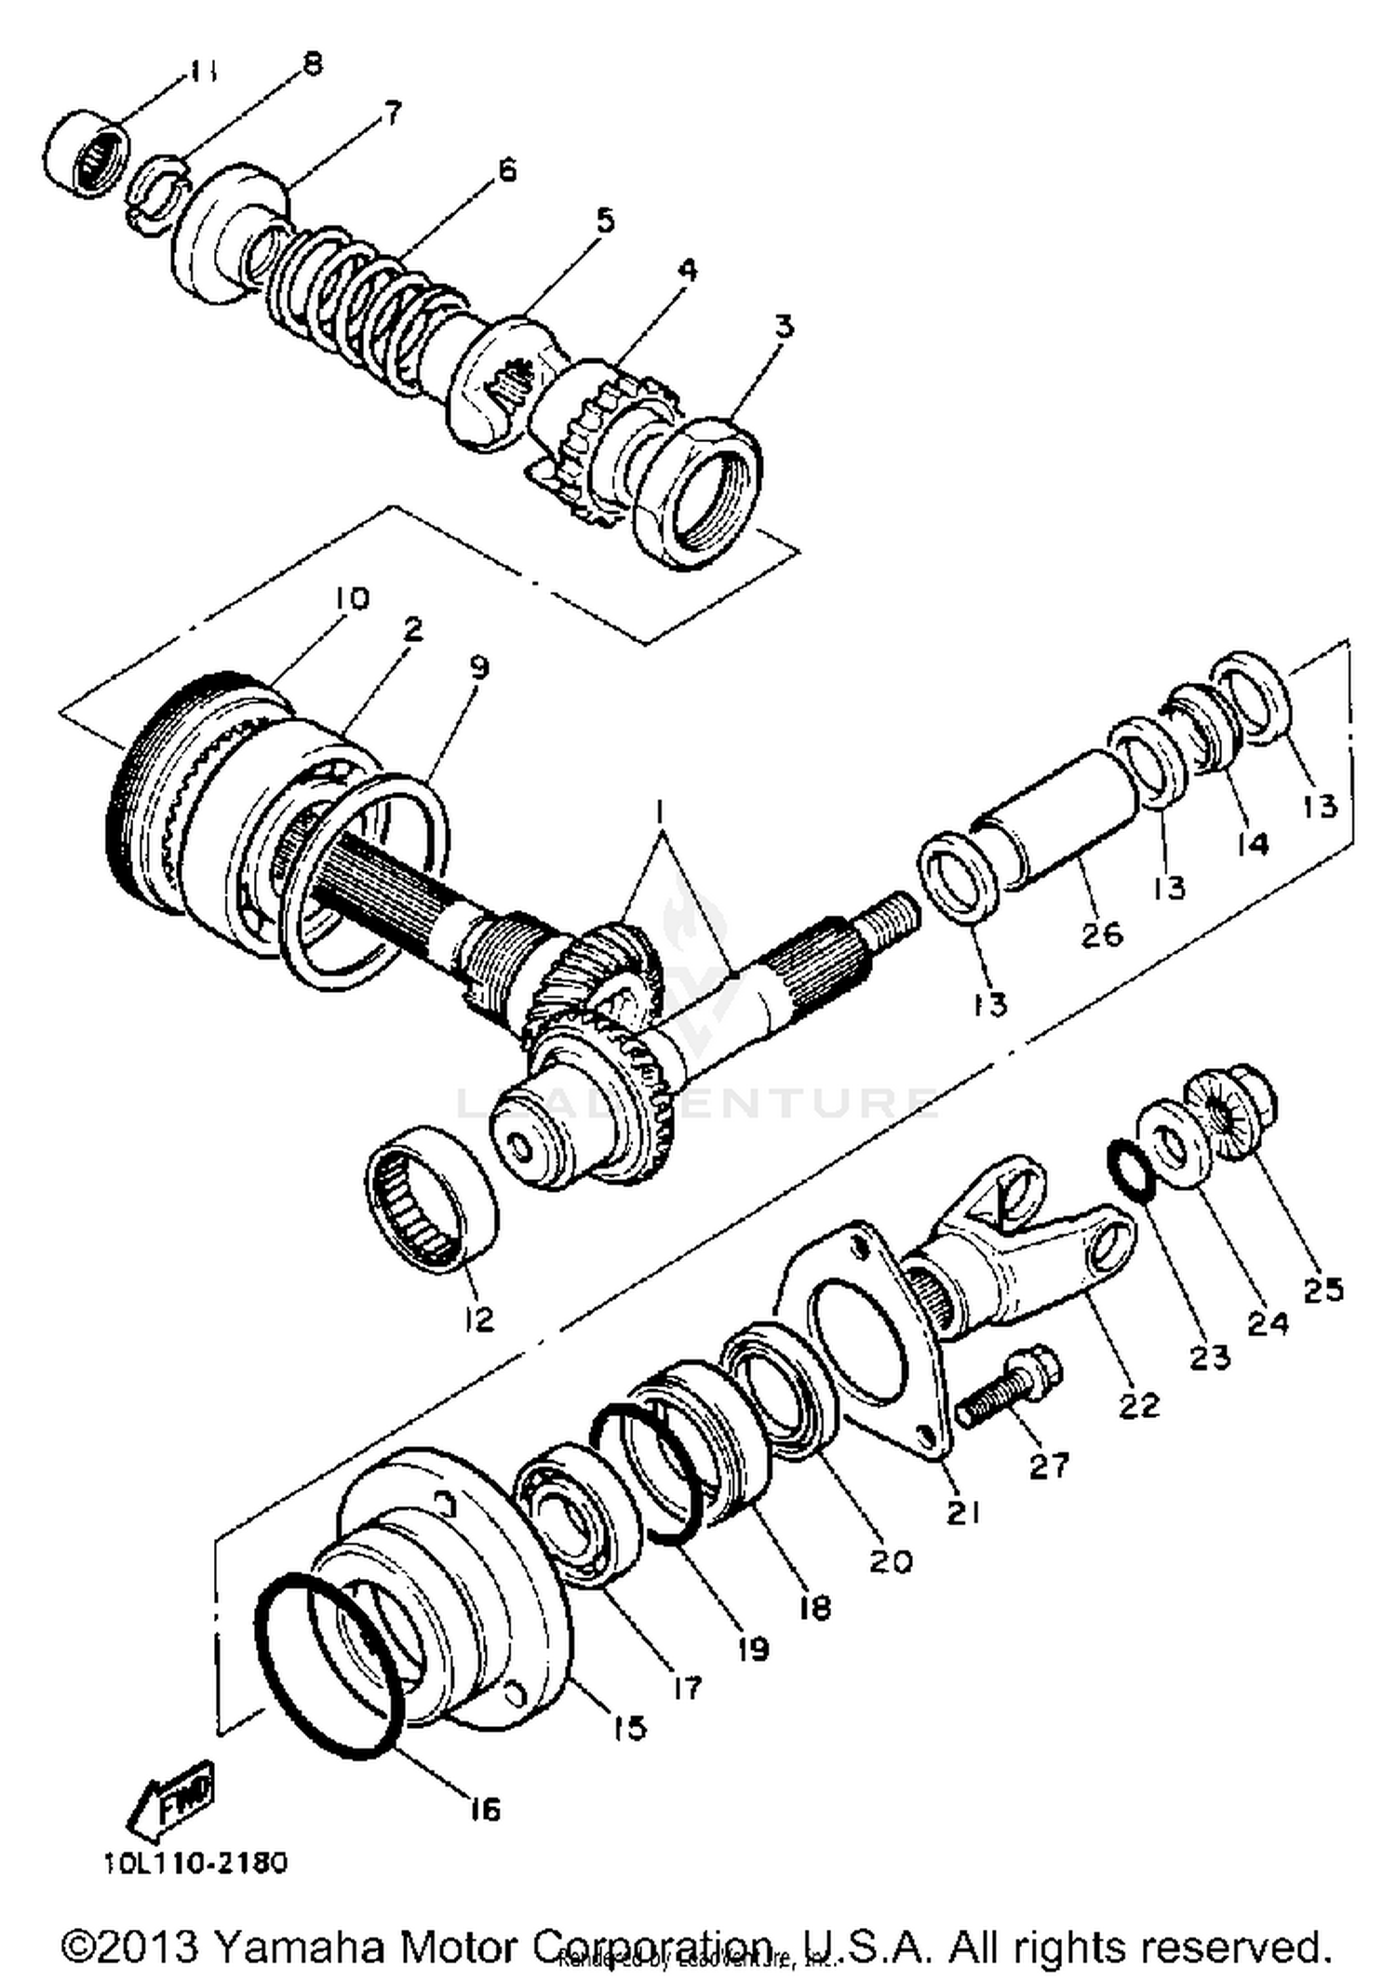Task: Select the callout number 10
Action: [x=346, y=597]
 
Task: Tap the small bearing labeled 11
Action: [x=87, y=154]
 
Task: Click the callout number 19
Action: [x=751, y=1649]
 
